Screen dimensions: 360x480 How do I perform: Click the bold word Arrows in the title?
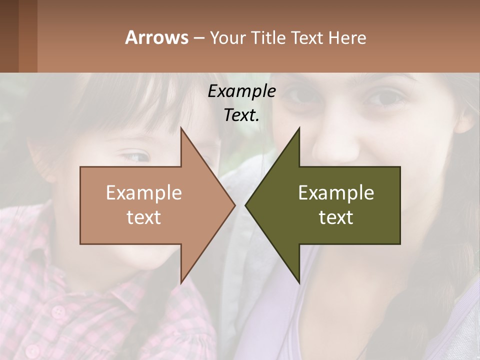coord(156,37)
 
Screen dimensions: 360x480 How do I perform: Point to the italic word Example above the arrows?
coord(241,91)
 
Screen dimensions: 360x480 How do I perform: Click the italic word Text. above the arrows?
coord(241,115)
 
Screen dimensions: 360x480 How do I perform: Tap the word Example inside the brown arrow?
coord(144,193)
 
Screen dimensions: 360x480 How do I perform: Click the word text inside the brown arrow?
coord(144,217)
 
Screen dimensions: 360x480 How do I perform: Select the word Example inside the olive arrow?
coord(336,193)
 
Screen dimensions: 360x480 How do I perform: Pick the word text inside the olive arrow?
coord(336,217)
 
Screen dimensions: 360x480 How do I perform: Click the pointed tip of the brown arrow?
coord(234,205)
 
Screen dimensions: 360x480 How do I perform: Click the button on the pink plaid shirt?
coord(59,312)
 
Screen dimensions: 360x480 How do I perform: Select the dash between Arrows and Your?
coord(198,38)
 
